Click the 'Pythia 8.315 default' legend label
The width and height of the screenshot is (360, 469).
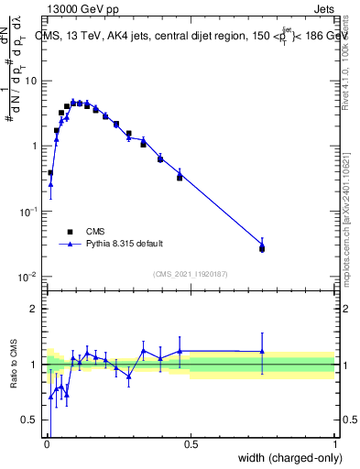[x=125, y=244]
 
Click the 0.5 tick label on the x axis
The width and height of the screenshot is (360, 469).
[x=191, y=445]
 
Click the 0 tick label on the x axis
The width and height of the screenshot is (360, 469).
[x=47, y=445]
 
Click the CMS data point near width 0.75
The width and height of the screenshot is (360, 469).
[x=262, y=248]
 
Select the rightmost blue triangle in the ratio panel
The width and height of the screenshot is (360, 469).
[x=262, y=351]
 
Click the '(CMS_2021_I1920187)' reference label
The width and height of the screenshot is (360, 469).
[x=191, y=274]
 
